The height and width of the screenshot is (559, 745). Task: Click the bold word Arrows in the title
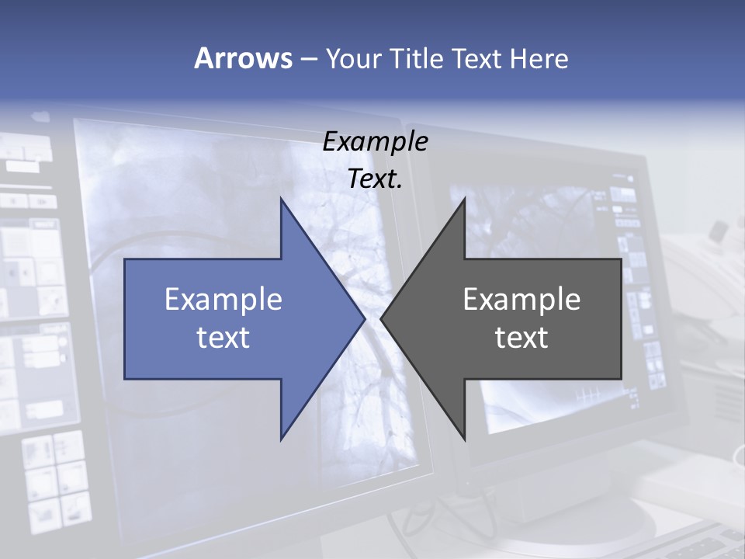tap(243, 58)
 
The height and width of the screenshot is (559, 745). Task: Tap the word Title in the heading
tap(417, 59)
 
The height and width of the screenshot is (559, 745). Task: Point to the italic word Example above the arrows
tap(376, 141)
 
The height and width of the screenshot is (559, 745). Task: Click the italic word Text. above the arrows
tap(376, 179)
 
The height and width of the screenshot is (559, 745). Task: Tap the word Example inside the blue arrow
tap(223, 300)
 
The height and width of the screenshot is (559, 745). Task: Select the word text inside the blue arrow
tap(223, 338)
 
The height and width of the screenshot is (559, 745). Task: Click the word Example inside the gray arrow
tap(521, 300)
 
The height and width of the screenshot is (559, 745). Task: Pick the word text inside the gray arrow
tap(521, 338)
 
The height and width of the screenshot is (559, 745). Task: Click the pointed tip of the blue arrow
tap(366, 318)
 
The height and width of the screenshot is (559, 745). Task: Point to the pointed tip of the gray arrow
tap(380, 318)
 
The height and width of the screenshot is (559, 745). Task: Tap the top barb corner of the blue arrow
tap(281, 198)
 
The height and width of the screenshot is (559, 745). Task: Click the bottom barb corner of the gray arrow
tap(465, 440)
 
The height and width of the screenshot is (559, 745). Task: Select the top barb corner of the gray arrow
tap(465, 198)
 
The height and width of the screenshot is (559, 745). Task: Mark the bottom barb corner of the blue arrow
tap(281, 440)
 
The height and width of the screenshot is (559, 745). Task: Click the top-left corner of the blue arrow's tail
tap(125, 259)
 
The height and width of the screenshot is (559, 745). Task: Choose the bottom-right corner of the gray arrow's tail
tap(621, 379)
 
